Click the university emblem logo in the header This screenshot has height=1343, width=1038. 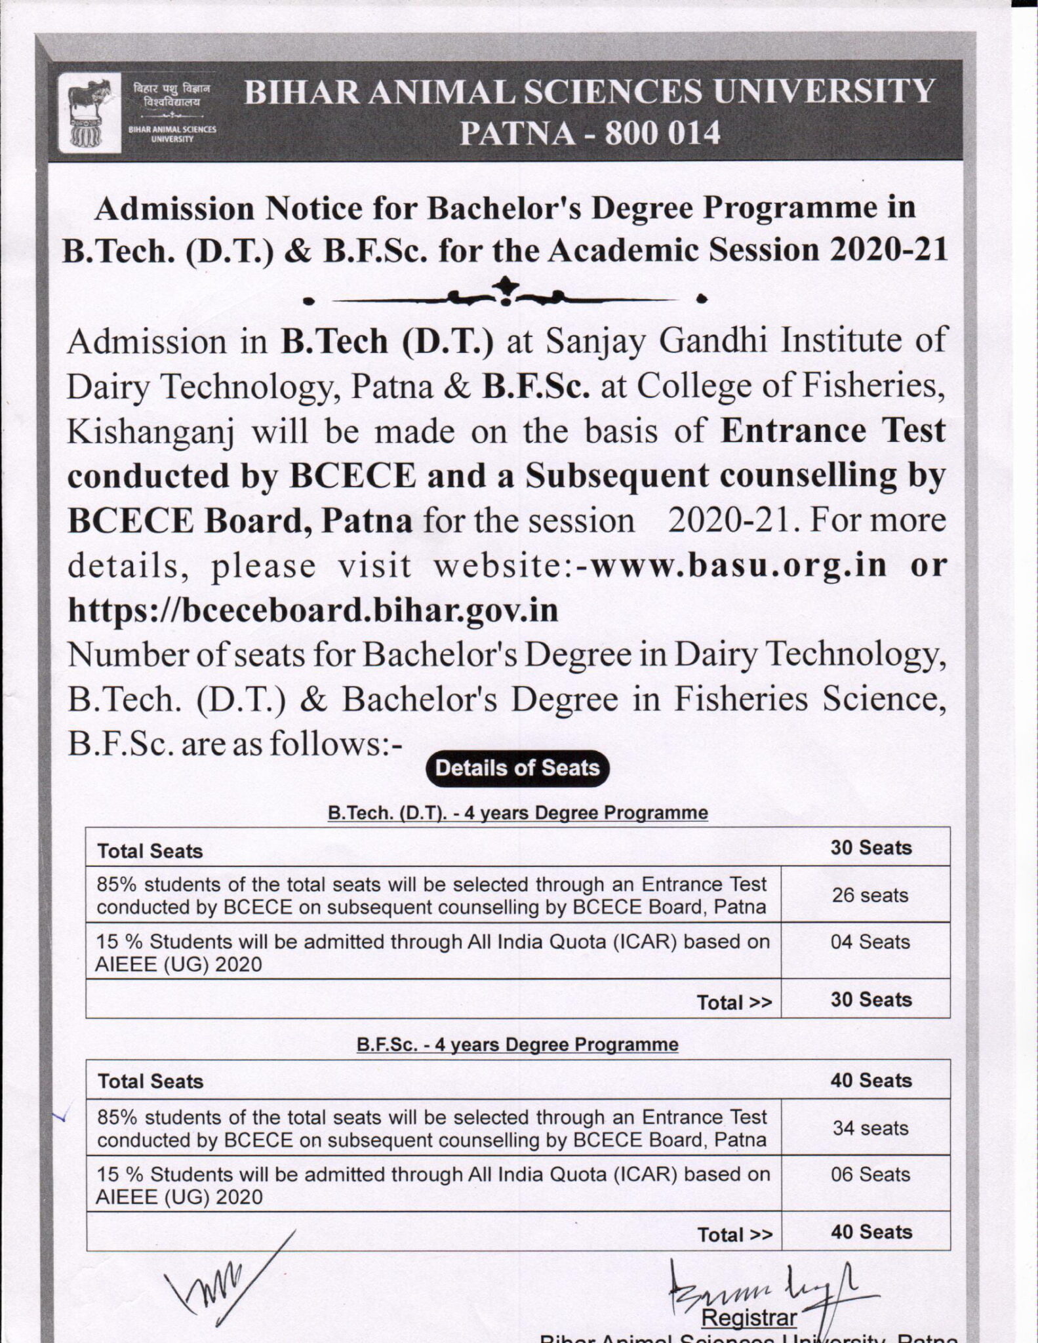coord(89,111)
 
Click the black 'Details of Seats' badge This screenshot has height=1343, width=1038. coord(517,768)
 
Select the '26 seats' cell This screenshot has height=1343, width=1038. coord(869,895)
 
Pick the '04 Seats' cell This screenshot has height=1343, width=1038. coord(870,942)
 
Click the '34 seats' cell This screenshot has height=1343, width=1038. coord(870,1128)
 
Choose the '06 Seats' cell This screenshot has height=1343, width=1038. coord(870,1174)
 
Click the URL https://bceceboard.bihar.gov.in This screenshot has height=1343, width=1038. coord(313,610)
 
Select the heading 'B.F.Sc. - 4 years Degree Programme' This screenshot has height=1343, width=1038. coord(517,1045)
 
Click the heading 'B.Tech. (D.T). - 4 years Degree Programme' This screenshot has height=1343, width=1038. coord(517,813)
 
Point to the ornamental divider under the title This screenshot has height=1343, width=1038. coord(504,293)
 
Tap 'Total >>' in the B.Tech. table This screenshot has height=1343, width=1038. coord(734,1003)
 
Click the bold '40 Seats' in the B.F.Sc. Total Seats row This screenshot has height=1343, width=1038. coord(871,1080)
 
